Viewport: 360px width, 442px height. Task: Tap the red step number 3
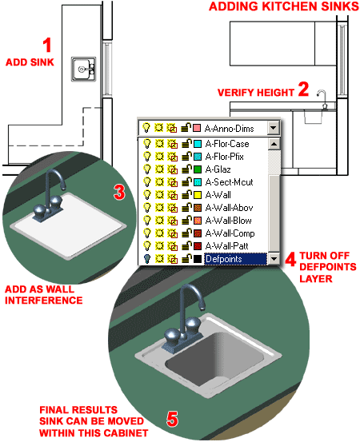click(118, 191)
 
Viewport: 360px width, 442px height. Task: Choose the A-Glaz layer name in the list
click(216, 169)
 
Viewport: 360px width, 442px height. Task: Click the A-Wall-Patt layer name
click(226, 245)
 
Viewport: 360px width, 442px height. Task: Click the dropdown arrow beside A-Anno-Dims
click(274, 127)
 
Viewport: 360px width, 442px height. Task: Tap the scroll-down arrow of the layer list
click(274, 258)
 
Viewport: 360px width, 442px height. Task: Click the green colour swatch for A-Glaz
click(198, 169)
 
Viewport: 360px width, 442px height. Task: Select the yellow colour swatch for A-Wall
click(198, 194)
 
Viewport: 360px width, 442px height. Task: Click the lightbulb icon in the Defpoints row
click(146, 258)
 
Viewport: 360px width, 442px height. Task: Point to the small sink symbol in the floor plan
click(82, 70)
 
